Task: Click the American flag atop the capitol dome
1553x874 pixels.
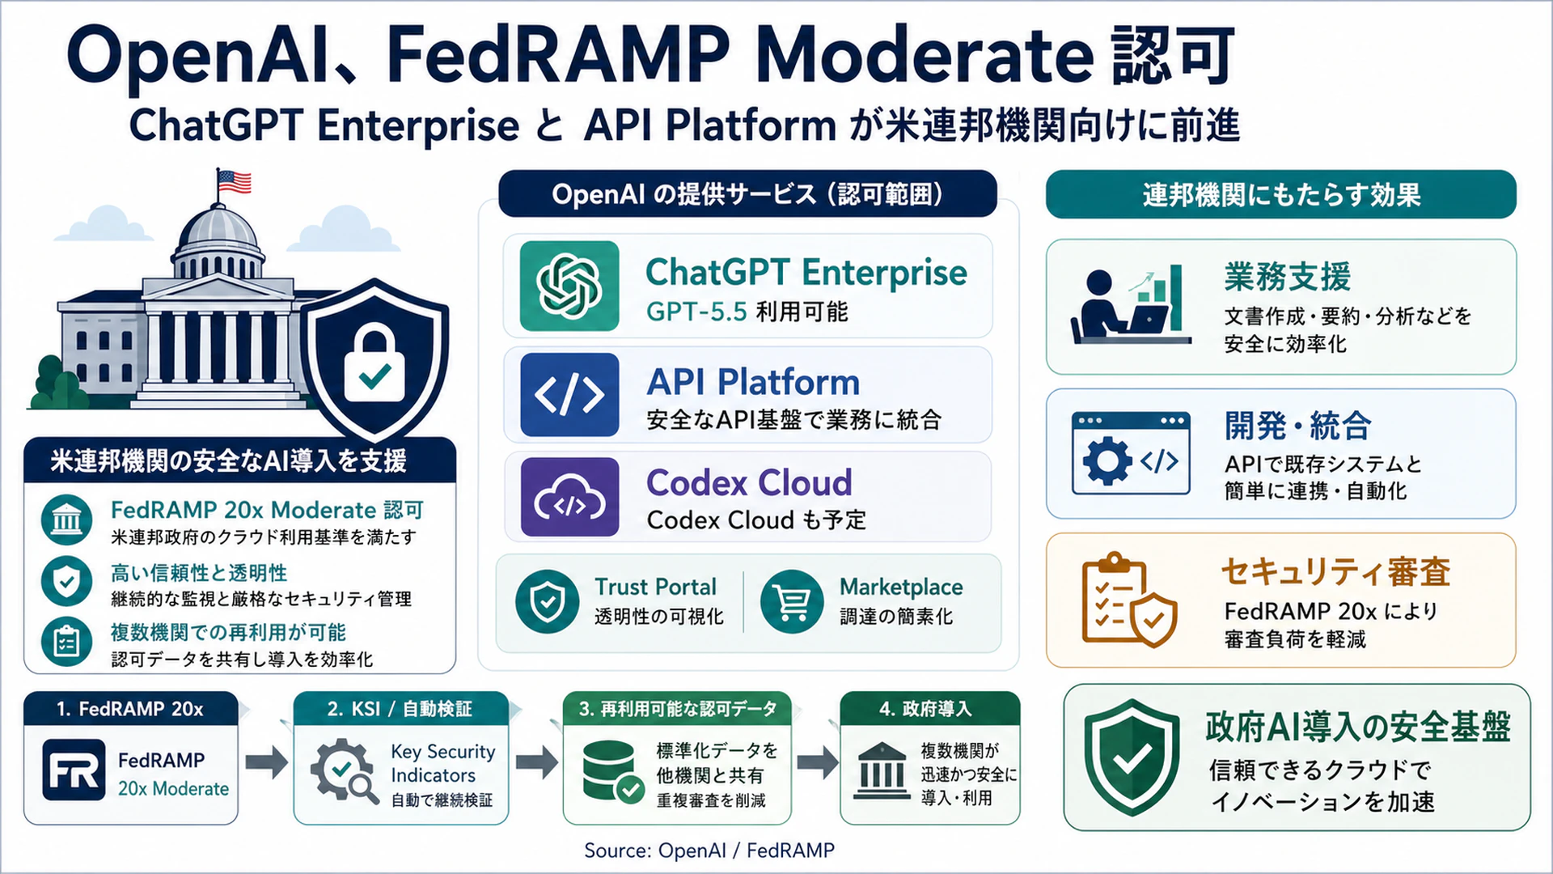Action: point(235,182)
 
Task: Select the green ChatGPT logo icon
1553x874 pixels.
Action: point(569,286)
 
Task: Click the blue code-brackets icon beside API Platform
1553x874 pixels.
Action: point(569,395)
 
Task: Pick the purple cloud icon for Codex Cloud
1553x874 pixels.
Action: point(569,497)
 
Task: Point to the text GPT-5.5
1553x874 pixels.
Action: point(696,312)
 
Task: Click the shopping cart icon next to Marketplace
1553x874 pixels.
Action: point(792,602)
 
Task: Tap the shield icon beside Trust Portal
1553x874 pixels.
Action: point(548,602)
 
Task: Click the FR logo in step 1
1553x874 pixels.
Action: point(74,770)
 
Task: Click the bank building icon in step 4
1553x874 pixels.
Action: point(881,771)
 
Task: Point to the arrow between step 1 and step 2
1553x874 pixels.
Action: point(266,762)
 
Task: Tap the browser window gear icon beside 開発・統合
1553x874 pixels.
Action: point(1131,453)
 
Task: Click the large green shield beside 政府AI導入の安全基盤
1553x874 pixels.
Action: point(1132,757)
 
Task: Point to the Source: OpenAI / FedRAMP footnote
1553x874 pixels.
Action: point(709,851)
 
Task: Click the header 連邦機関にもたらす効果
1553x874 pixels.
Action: point(1281,195)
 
